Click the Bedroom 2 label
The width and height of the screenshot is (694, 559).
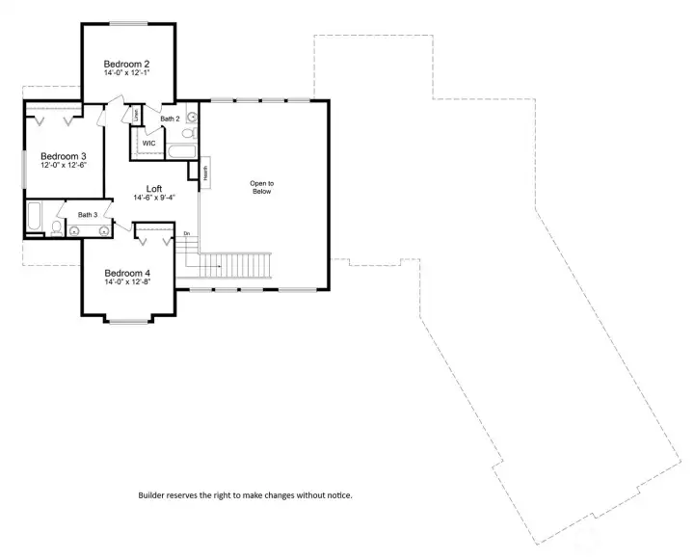pyautogui.click(x=126, y=65)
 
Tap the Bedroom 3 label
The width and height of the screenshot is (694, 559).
pyautogui.click(x=63, y=155)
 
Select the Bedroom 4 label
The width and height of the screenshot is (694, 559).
pyautogui.click(x=127, y=273)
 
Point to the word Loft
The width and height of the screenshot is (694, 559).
pyautogui.click(x=154, y=189)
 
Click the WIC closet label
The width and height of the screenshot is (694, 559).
pyautogui.click(x=148, y=144)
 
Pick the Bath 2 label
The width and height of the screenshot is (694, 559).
pyautogui.click(x=171, y=119)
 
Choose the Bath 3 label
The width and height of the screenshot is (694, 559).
pyautogui.click(x=88, y=215)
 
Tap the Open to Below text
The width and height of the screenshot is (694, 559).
pyautogui.click(x=261, y=187)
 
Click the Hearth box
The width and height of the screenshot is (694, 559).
pyautogui.click(x=205, y=173)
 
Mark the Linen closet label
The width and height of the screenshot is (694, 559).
pyautogui.click(x=136, y=115)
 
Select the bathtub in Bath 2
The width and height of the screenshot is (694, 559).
pyautogui.click(x=181, y=151)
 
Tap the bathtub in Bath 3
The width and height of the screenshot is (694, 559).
pyautogui.click(x=34, y=219)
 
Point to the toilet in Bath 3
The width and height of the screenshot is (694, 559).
pyautogui.click(x=57, y=228)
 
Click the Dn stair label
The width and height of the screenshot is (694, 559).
pyautogui.click(x=186, y=234)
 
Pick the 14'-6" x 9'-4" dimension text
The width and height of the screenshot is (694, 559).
pyautogui.click(x=154, y=199)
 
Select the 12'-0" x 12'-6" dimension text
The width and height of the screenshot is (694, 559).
pyautogui.click(x=63, y=165)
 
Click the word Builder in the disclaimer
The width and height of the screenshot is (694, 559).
pyautogui.click(x=151, y=495)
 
